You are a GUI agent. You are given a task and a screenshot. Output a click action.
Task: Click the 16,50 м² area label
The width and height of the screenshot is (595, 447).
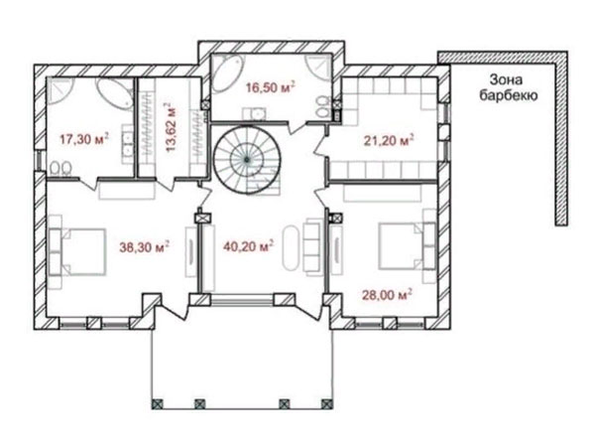[x=270, y=87]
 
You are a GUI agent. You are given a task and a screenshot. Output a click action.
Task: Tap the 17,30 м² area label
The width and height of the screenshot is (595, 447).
[x=84, y=139]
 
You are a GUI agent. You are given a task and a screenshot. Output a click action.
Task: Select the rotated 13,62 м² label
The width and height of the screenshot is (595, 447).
[x=172, y=128]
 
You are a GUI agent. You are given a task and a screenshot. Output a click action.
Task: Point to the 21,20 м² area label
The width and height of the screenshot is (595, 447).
[x=389, y=140]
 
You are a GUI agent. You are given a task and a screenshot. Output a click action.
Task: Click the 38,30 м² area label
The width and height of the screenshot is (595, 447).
[x=144, y=247]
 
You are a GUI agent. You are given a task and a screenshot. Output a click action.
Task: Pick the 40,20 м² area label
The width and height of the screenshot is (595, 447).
[x=249, y=246]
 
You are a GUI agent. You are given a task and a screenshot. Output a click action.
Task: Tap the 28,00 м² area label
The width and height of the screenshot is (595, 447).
[x=387, y=295]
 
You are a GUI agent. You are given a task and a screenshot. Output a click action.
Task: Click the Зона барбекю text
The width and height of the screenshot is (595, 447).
[x=509, y=87]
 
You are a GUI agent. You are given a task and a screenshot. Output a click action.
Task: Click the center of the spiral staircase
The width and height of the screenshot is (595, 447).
[x=247, y=160]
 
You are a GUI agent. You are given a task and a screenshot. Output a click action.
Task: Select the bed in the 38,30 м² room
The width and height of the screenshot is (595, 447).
[x=77, y=251]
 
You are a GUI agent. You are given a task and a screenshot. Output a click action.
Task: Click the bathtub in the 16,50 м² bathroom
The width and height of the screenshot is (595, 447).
[x=227, y=74]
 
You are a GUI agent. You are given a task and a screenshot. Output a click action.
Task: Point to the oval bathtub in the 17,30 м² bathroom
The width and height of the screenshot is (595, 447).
[x=114, y=93]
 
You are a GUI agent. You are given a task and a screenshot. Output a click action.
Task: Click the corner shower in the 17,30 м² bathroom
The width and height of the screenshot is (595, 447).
[x=59, y=91]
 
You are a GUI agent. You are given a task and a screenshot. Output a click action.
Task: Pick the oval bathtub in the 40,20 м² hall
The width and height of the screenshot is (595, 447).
[x=291, y=248]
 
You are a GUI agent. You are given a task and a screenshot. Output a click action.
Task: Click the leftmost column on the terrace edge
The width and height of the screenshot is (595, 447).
[x=157, y=403]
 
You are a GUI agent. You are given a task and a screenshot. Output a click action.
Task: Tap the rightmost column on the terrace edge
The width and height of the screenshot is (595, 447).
[x=327, y=403]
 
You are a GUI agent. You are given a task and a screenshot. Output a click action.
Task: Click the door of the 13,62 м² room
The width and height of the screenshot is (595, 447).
[x=166, y=183]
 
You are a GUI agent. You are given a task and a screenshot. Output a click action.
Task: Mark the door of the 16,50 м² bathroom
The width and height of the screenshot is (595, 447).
[x=298, y=127]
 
